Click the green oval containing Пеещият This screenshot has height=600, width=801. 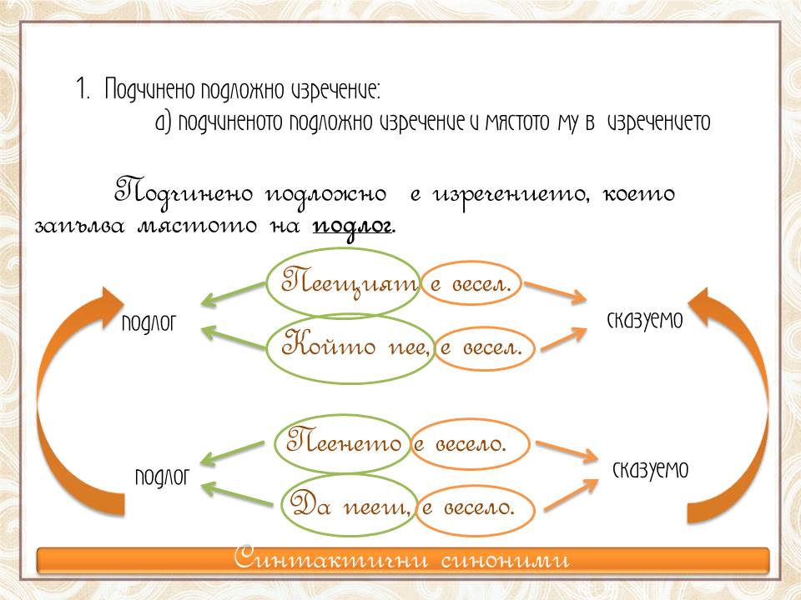(x=267, y=283)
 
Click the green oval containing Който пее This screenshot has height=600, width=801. (x=266, y=349)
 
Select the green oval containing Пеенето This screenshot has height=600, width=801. (x=275, y=442)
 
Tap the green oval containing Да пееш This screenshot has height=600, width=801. (x=282, y=505)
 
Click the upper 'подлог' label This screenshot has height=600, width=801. (x=149, y=323)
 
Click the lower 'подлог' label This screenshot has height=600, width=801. (x=162, y=477)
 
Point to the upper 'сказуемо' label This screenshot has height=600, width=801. (x=645, y=320)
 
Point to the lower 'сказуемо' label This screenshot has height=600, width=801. (x=650, y=469)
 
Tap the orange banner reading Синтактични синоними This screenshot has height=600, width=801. (x=402, y=560)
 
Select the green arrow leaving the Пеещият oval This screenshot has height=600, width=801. (x=233, y=295)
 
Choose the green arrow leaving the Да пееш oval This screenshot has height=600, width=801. (x=237, y=494)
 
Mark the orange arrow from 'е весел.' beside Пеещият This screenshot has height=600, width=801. (x=556, y=292)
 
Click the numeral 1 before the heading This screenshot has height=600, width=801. (x=83, y=88)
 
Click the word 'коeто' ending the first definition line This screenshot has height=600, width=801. (x=638, y=194)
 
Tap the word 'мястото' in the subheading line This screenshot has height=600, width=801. (x=517, y=122)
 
